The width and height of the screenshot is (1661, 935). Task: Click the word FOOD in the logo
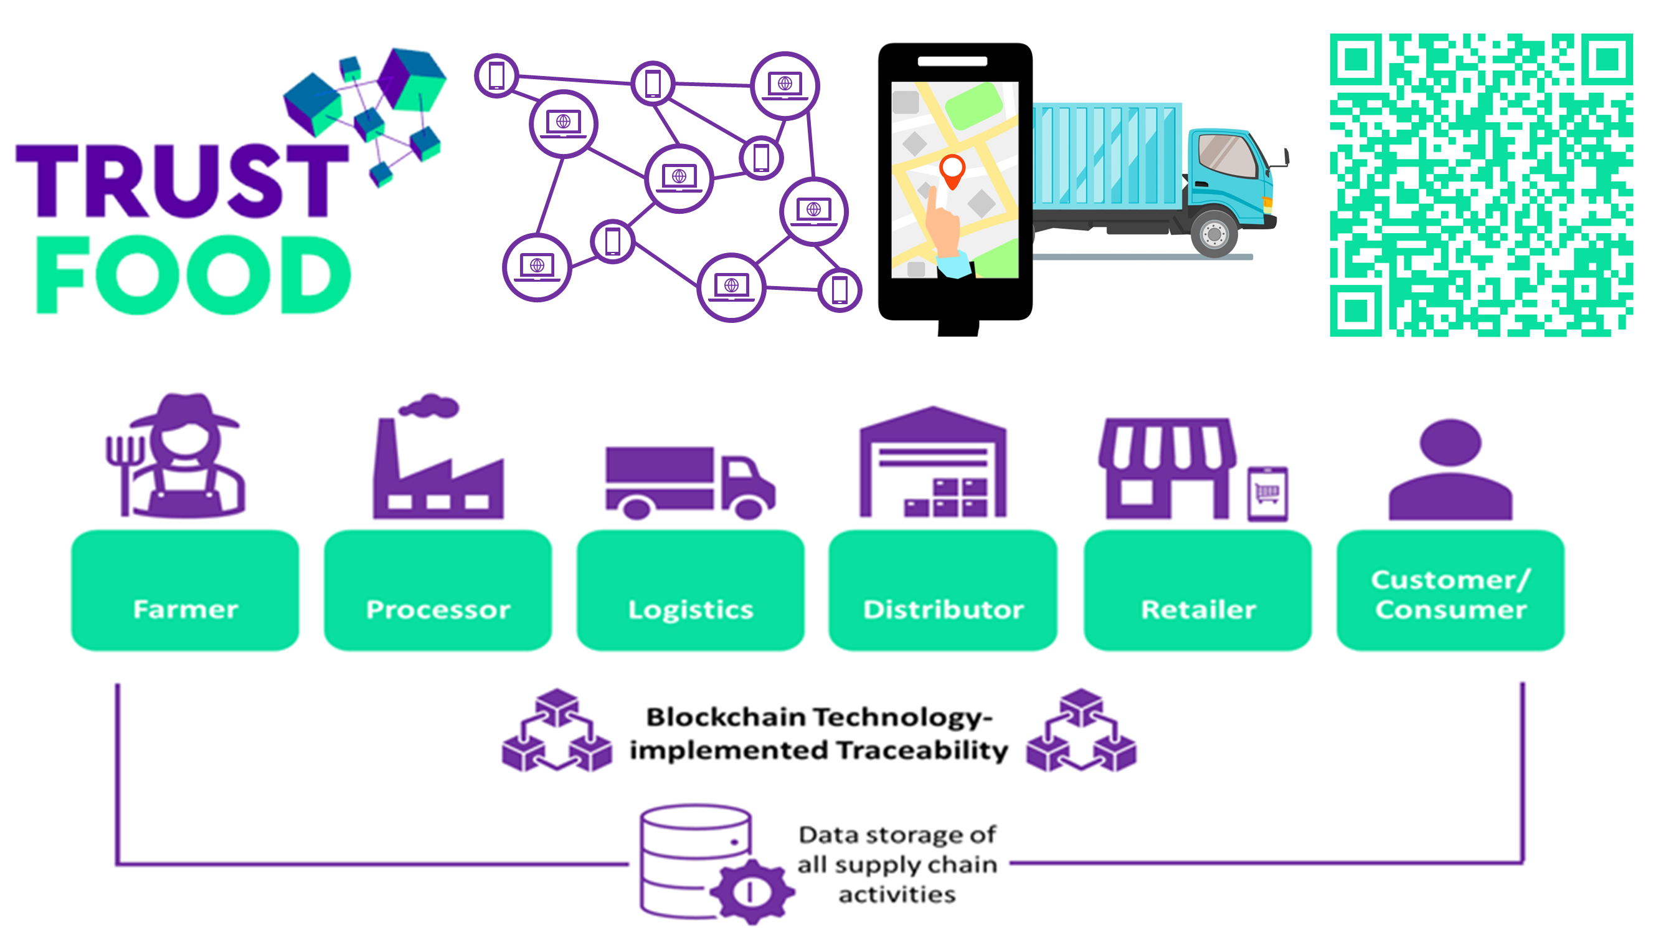pos(194,275)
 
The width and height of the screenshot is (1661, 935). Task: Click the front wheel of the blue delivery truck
pos(1213,233)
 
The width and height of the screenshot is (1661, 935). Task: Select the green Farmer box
pos(185,590)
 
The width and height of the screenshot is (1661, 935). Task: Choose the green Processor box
pos(438,590)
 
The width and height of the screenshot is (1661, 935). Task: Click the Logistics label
pos(691,610)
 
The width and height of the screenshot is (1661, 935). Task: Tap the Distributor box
pos(943,590)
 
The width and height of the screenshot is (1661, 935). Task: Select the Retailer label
pos(1198,610)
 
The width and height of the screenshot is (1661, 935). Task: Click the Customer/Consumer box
pos(1450,590)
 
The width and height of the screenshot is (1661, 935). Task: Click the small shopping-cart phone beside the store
pos(1267,494)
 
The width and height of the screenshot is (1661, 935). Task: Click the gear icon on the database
pos(750,892)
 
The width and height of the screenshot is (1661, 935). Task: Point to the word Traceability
pos(922,750)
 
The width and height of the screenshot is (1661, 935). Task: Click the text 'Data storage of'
pos(897,835)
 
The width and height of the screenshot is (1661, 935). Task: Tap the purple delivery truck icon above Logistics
pos(689,482)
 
